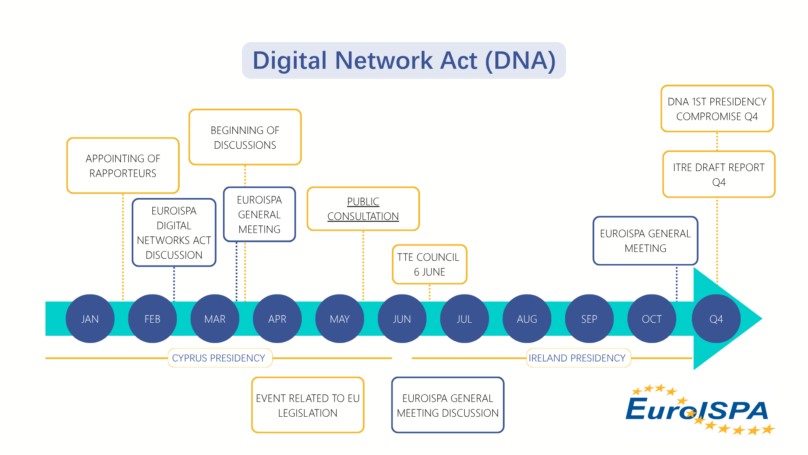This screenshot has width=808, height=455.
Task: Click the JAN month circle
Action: click(90, 318)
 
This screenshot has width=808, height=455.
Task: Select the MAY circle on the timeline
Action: click(340, 318)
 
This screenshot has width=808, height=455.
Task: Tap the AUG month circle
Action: click(527, 318)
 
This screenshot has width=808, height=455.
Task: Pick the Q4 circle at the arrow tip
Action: click(716, 318)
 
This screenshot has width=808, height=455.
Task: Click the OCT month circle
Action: click(652, 318)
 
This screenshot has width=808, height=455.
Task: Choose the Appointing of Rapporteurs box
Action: click(123, 166)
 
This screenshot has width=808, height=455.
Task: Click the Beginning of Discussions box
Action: click(245, 137)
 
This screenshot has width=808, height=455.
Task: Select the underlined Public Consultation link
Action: click(363, 209)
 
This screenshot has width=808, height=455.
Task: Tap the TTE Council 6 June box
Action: click(430, 265)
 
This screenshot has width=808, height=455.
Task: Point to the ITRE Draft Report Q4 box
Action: click(719, 174)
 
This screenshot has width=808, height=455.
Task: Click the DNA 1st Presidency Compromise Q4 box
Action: click(717, 109)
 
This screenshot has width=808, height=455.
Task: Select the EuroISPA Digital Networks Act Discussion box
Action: click(174, 233)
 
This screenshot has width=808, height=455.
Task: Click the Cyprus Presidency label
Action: click(219, 358)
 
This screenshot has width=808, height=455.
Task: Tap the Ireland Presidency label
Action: click(577, 358)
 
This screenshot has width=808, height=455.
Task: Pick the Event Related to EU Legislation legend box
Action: click(308, 405)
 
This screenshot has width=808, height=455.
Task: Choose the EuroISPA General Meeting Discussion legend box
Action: click(448, 405)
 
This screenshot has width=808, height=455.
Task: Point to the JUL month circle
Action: click(465, 318)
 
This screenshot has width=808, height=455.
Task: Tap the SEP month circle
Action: click(589, 318)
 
